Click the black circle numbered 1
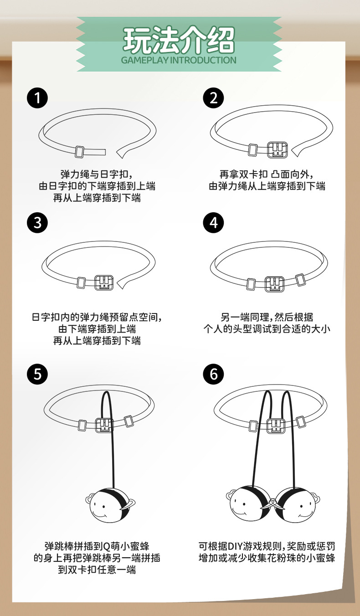(x=37, y=98)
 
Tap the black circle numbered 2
(x=213, y=98)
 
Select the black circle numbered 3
(x=37, y=222)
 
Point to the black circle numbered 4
(x=213, y=222)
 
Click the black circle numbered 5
(x=37, y=374)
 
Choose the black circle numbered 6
(x=213, y=374)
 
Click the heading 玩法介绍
(x=179, y=40)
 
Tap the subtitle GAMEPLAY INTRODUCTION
(x=179, y=60)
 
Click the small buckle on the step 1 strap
(x=80, y=152)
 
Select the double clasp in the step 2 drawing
(x=278, y=150)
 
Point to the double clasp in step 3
(x=104, y=282)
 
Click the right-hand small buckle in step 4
(x=300, y=280)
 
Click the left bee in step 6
(x=249, y=504)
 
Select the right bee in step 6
(x=297, y=504)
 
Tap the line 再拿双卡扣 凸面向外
(x=266, y=174)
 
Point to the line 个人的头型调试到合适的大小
(x=267, y=329)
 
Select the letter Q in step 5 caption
(x=106, y=546)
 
